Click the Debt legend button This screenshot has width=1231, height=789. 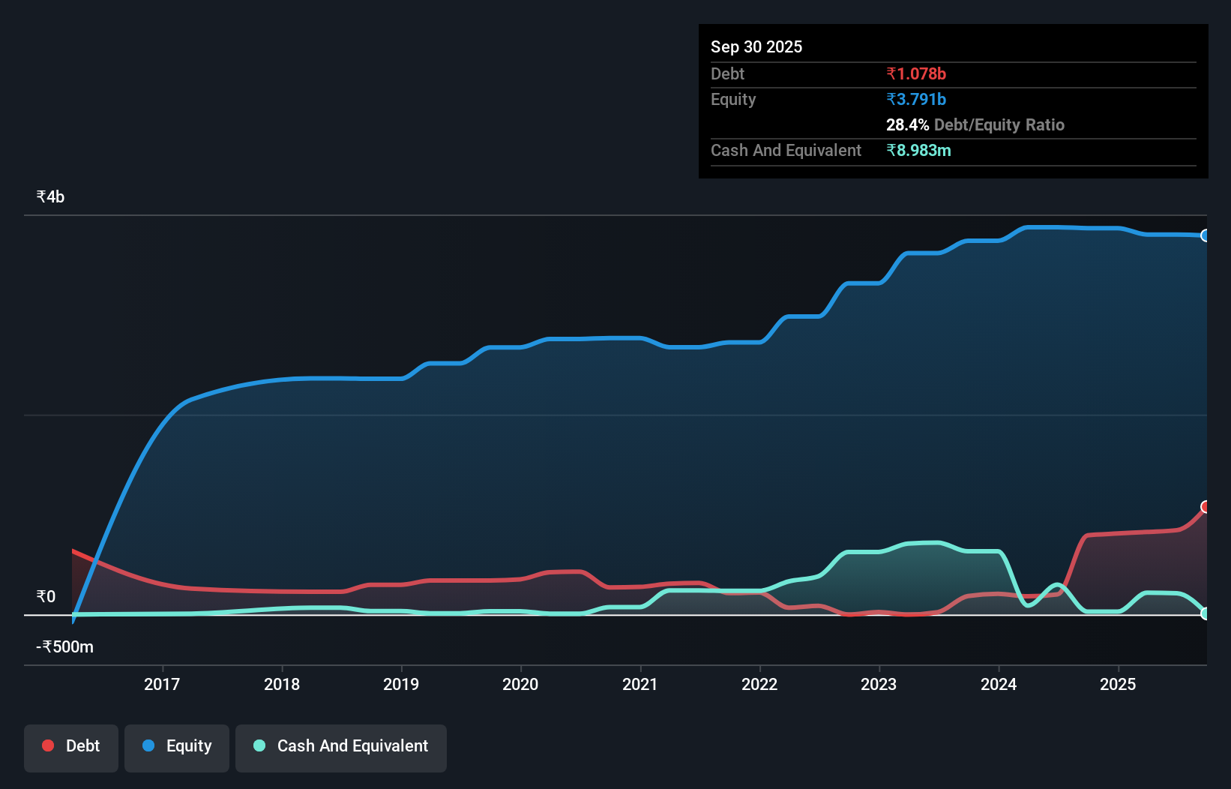coord(71,746)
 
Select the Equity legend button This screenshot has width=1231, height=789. coord(177,746)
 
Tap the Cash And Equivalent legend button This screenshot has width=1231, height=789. coord(341,746)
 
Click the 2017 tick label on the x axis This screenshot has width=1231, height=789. coord(162,684)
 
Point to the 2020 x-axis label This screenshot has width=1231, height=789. coord(520,684)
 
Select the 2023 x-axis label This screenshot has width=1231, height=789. coord(879,684)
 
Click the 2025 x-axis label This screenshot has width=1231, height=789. coord(1117,684)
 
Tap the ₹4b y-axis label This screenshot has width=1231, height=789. coord(50,196)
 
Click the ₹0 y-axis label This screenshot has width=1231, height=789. coord(46,596)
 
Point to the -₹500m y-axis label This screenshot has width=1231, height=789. coord(65,646)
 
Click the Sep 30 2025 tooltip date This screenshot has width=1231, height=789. coord(756,46)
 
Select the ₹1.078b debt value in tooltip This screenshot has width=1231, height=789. coord(915,73)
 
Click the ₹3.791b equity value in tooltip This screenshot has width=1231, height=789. coord(915,99)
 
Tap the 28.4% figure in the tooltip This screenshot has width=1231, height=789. coord(907,124)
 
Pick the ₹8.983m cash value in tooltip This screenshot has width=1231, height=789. coord(918,150)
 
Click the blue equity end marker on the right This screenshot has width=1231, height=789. coord(1205,235)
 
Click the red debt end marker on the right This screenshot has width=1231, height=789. coord(1205,507)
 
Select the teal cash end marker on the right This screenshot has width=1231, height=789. coord(1205,613)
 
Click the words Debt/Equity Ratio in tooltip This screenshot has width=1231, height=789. coord(999,124)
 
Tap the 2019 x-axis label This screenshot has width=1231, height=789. coord(401,684)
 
